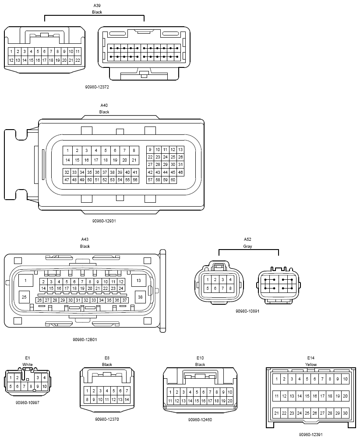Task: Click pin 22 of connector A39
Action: tap(78, 60)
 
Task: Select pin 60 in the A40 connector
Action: tap(173, 180)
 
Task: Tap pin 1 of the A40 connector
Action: tap(68, 151)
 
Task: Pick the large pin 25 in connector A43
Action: tap(24, 297)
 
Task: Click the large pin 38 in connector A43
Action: tap(140, 297)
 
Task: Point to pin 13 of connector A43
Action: tap(138, 280)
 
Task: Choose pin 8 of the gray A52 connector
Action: tap(230, 288)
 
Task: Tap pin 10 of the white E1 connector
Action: tap(44, 387)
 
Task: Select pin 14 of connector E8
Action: tap(127, 399)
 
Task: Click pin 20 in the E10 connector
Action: tap(229, 401)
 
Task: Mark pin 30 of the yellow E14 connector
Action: tap(345, 413)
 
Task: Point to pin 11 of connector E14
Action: tap(277, 396)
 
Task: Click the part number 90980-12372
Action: tap(97, 87)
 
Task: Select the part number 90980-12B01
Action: tap(85, 340)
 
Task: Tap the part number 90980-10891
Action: tap(247, 311)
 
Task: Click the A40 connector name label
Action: tap(104, 106)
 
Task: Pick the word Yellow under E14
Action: tap(311, 365)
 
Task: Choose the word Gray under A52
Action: tap(247, 246)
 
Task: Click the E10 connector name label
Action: tap(200, 358)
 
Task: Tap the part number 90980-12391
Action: tap(311, 435)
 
